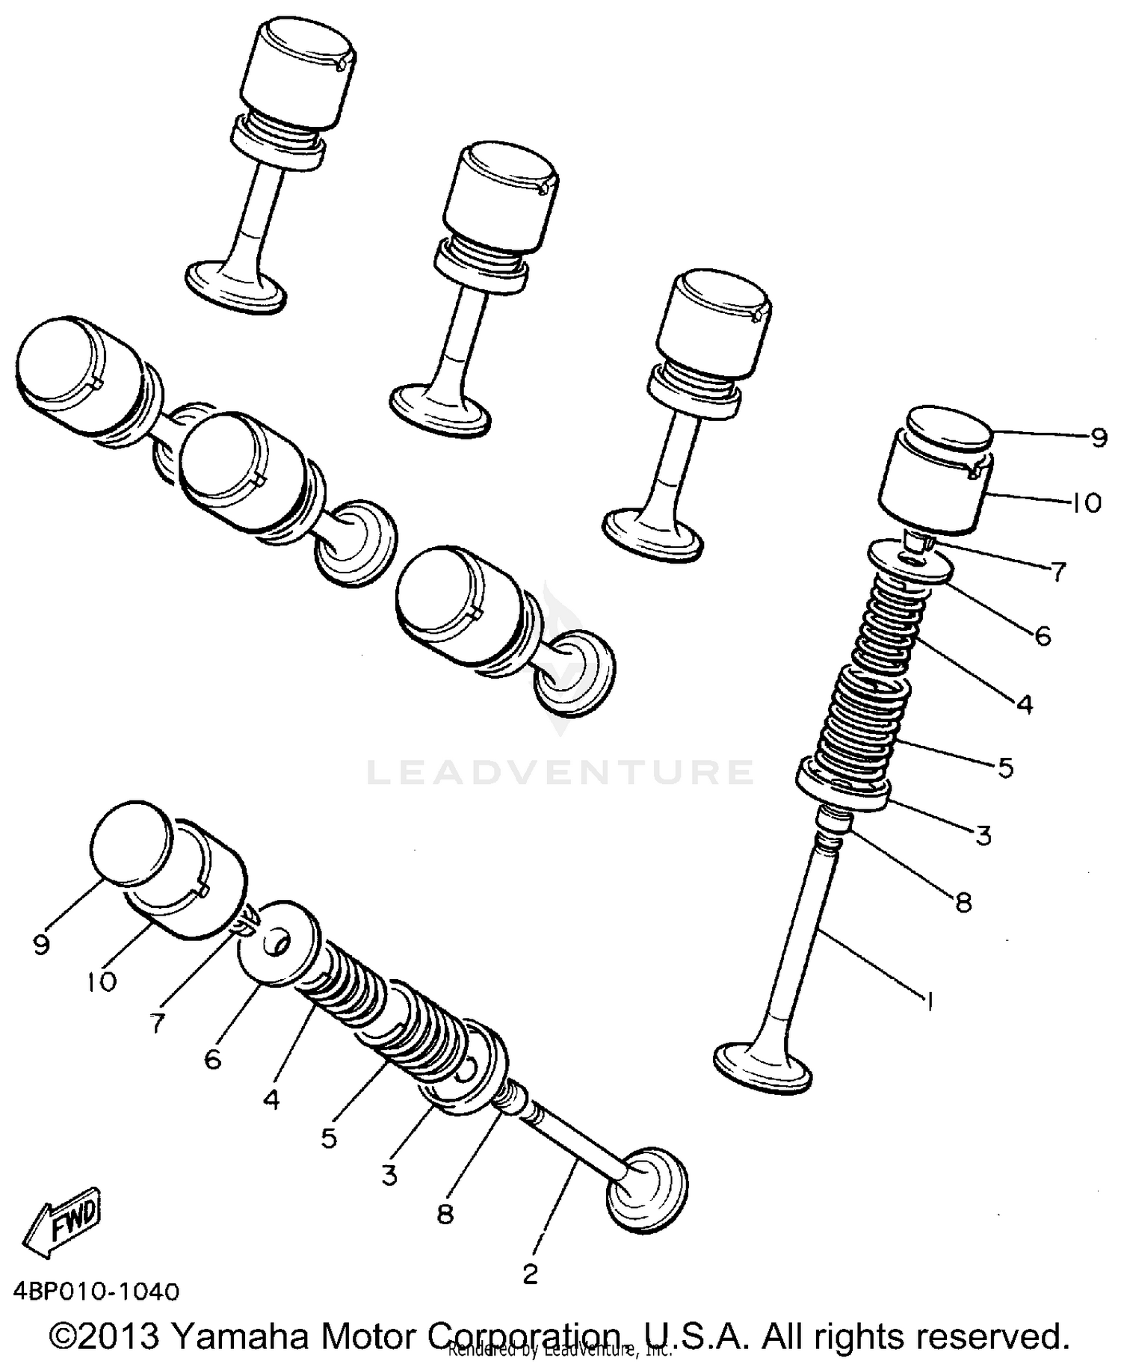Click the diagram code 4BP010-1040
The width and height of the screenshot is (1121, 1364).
click(x=96, y=1292)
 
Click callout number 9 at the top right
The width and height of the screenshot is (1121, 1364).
click(x=1098, y=438)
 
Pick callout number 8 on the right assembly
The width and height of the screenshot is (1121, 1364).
click(x=964, y=903)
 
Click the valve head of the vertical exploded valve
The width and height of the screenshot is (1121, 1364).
click(x=763, y=1069)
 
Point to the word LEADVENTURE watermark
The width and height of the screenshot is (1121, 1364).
click(x=560, y=771)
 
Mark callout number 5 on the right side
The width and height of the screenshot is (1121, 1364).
click(x=1005, y=767)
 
